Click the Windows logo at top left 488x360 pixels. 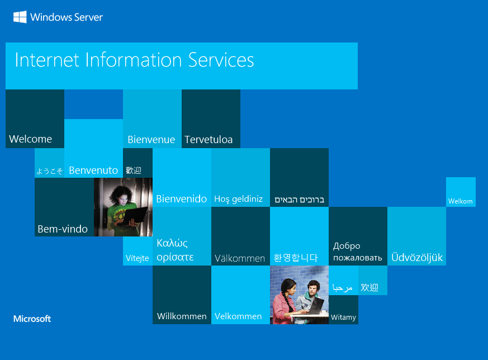tap(20, 17)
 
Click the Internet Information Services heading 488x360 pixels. tap(134, 60)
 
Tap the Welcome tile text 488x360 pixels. tap(31, 139)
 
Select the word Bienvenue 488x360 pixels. tap(151, 140)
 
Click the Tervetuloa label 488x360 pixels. tap(209, 140)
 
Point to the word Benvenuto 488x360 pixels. tap(93, 170)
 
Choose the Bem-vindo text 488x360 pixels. tap(63, 229)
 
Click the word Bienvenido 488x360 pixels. tap(182, 198)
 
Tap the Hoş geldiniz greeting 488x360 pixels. tap(239, 199)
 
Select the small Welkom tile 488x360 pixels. tap(461, 201)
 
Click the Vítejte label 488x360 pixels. tap(138, 258)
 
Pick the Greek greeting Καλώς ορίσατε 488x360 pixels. tap(175, 250)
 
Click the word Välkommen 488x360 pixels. tap(240, 258)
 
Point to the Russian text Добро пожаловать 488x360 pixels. tap(358, 252)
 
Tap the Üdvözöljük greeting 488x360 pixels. tap(417, 258)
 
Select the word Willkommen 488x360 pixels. tap(182, 316)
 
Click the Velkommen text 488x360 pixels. tap(238, 316)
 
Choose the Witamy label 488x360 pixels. tap(343, 317)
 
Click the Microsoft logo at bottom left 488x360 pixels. tap(32, 319)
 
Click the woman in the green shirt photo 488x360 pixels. tap(123, 207)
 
